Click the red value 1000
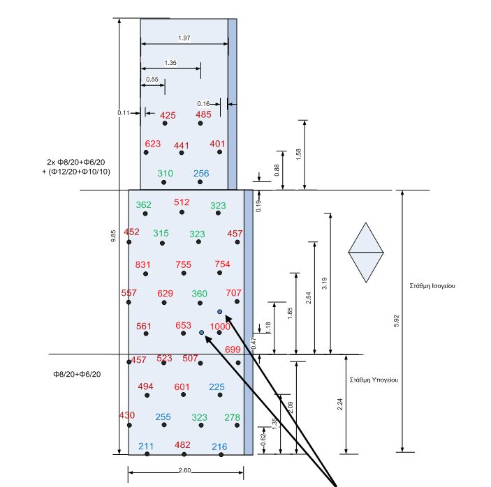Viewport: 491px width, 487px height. [220, 327]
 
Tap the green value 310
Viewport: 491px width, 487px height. [166, 174]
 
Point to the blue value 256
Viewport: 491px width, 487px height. [201, 174]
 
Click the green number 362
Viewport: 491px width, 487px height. [143, 205]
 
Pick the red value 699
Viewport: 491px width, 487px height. [233, 350]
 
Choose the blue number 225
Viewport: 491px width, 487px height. [217, 387]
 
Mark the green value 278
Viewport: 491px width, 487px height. [233, 417]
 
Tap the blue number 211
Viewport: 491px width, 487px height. [146, 446]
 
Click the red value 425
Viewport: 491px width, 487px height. [168, 115]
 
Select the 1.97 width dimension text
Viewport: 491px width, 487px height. [184, 37]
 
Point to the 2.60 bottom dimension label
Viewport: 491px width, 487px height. [184, 471]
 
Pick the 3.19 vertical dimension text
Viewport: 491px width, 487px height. [323, 283]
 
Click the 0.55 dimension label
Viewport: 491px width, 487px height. [153, 80]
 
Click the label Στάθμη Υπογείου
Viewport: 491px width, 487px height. [374, 380]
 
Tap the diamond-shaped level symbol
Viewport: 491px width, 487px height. [366, 253]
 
